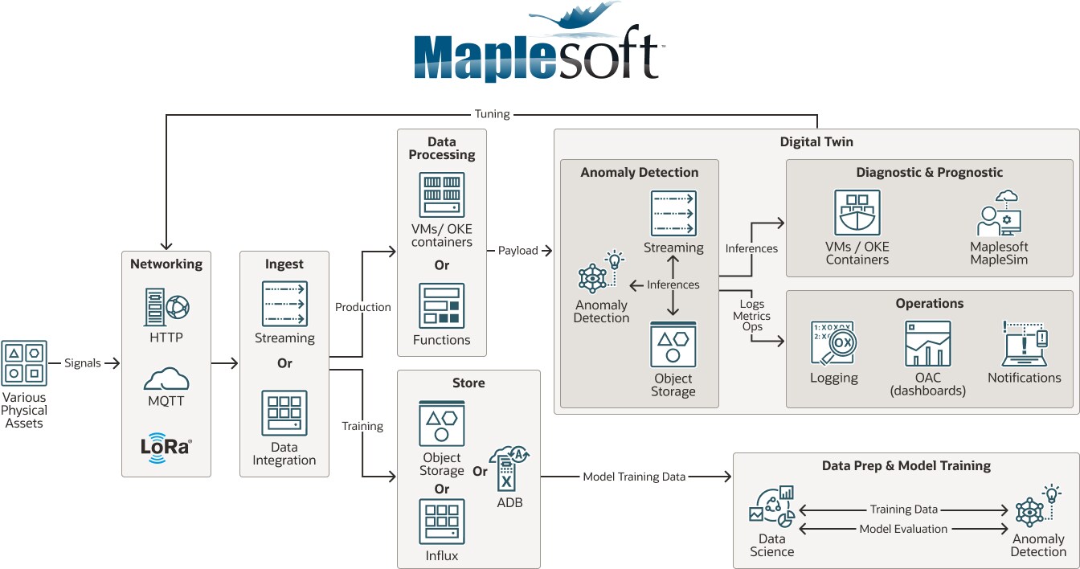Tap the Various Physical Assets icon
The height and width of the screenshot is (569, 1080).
[x=25, y=362]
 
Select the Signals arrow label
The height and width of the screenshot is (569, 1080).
[x=83, y=363]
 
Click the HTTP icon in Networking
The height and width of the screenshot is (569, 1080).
[x=166, y=307]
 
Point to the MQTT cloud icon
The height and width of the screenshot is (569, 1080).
[x=166, y=380]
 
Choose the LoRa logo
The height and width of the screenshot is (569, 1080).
[x=166, y=446]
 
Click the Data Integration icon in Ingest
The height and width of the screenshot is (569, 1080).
[x=284, y=413]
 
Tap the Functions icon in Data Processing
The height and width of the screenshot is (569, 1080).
[x=441, y=306]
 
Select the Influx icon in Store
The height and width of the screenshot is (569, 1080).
[x=441, y=521]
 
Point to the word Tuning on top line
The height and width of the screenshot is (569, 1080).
[x=492, y=114]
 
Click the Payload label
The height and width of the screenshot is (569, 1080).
[x=518, y=251]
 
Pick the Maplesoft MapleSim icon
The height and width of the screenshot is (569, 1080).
[x=999, y=214]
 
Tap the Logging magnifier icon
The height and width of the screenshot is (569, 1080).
[x=833, y=344]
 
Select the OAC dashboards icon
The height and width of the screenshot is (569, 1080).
[x=927, y=344]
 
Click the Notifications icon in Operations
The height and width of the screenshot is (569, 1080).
[x=1024, y=344]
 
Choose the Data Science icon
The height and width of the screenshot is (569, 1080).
[x=771, y=506]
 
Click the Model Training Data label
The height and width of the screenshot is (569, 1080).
[x=634, y=477]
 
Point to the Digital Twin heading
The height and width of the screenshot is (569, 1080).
[x=816, y=142]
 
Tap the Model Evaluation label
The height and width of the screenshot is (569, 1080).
[x=903, y=529]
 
